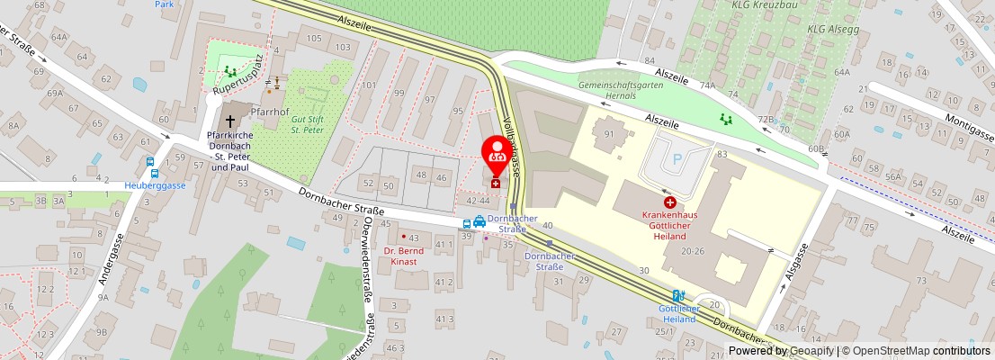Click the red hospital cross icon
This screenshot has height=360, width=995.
[669, 202]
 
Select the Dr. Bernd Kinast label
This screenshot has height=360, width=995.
[403, 256]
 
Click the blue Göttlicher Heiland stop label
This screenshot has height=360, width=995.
[671, 314]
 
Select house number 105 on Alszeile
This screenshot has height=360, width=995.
[314, 38]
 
